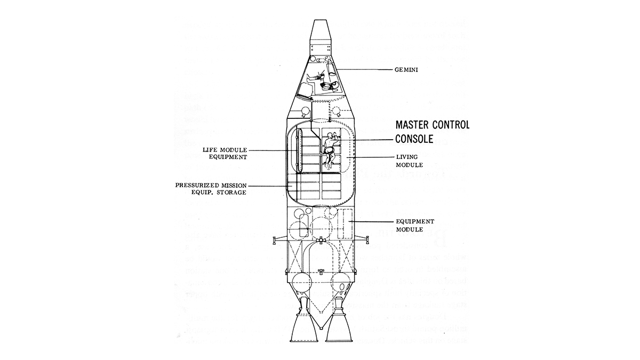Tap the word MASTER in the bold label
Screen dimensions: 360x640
coord(413,126)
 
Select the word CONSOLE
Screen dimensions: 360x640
coord(415,140)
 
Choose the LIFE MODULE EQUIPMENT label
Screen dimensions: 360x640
coord(226,154)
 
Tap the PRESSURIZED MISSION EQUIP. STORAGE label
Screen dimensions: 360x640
coord(211,188)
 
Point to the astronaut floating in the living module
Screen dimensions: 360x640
coord(329,148)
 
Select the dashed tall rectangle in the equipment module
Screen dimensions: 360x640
coord(345,224)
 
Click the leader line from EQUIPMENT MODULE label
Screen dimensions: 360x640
coord(373,221)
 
